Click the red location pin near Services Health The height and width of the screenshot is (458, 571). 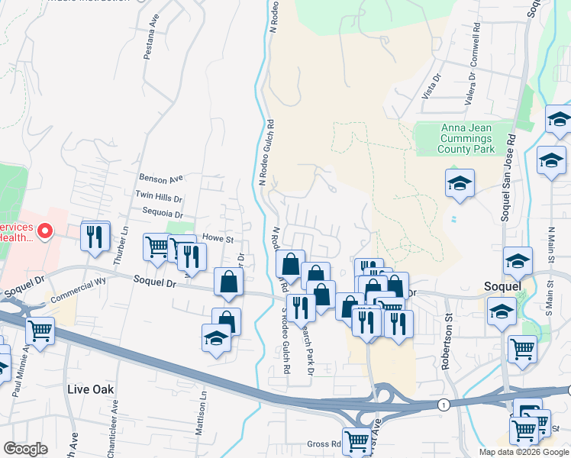point(45,229)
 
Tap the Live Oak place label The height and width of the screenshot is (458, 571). point(90,389)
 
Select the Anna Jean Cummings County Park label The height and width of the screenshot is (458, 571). point(456,139)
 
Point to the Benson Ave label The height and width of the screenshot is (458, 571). point(161,179)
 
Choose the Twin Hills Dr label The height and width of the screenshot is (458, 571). point(159,196)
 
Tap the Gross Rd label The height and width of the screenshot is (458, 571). point(324,443)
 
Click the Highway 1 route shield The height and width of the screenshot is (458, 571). point(443,404)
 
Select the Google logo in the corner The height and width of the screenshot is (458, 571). point(25,449)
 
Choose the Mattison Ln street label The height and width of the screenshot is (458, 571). point(203,411)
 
